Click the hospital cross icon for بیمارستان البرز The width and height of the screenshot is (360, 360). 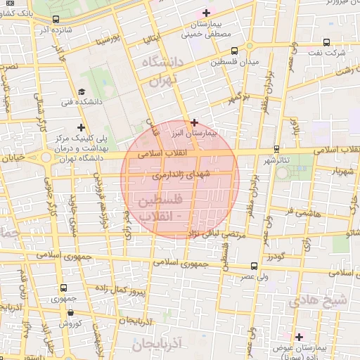tap(195, 122)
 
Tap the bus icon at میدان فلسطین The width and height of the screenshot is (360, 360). tap(233, 50)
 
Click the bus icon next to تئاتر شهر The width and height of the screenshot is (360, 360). tap(276, 149)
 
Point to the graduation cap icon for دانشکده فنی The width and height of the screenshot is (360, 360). tap(82, 92)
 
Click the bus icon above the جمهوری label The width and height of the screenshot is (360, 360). tap(64, 288)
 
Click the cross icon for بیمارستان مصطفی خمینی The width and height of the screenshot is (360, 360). tap(205, 13)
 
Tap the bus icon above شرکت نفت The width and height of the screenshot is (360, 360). tap(326, 41)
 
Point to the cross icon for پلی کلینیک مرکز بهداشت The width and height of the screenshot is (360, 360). tap(82, 128)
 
